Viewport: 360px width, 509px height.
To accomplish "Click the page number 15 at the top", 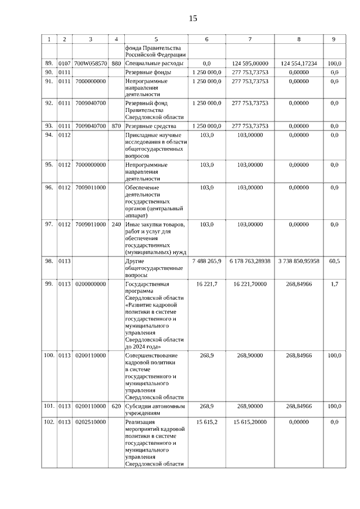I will (x=193, y=19).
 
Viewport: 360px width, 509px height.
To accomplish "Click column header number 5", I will (x=156, y=39).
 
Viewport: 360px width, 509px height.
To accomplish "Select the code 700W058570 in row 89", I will (x=91, y=64).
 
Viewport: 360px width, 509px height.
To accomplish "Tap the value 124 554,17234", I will (x=299, y=64).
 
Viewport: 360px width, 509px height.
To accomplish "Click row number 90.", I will (x=49, y=73).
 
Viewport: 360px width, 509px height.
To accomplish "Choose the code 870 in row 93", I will (x=116, y=125).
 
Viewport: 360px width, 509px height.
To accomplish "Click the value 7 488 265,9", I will (x=206, y=262).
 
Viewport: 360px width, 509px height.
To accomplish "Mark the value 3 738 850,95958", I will (x=299, y=262).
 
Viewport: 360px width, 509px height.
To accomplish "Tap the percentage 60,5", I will (x=334, y=262).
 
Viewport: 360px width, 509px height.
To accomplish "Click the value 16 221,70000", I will (x=250, y=284).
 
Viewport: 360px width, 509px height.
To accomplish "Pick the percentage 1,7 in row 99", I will (x=334, y=284).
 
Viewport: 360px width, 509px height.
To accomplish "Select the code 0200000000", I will (x=91, y=284).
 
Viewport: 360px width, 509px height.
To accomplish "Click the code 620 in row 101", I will (x=116, y=406).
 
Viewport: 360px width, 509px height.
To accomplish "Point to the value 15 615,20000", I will (x=250, y=421).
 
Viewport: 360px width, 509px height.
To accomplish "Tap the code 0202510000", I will (x=91, y=421).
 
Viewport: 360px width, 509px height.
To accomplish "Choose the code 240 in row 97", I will (x=116, y=224).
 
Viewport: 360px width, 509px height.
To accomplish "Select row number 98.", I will (x=49, y=262).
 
